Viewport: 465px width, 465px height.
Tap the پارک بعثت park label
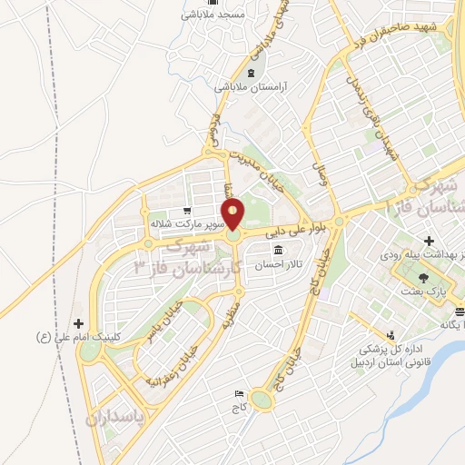click(426, 292)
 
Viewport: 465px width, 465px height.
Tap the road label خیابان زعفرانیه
click(168, 363)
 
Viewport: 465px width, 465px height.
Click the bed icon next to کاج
click(239, 393)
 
